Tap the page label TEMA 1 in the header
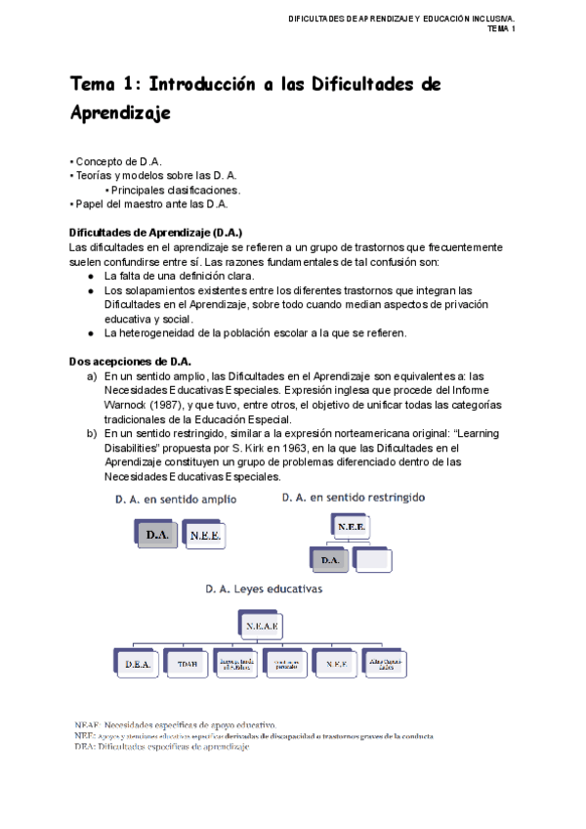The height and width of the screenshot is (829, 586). tap(500, 29)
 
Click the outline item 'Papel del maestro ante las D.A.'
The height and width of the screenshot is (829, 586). tap(149, 204)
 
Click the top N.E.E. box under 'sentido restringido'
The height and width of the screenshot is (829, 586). tap(352, 525)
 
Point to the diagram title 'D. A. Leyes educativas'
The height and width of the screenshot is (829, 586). tap(264, 589)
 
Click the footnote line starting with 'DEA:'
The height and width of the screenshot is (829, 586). tap(161, 747)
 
